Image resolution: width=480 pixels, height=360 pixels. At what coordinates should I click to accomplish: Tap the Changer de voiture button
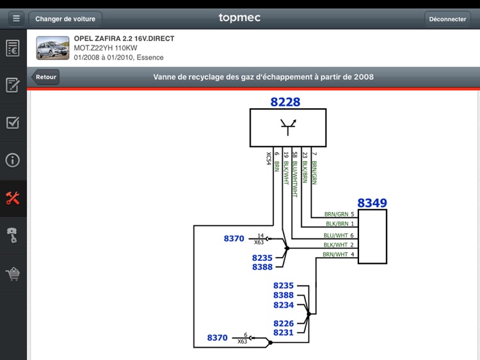(65, 19)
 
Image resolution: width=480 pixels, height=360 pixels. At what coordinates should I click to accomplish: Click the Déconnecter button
(447, 19)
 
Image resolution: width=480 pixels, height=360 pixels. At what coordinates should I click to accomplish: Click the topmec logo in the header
(239, 18)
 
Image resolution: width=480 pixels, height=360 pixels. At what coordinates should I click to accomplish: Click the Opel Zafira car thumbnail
(52, 48)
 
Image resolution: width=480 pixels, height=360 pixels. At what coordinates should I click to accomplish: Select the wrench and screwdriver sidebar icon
(13, 198)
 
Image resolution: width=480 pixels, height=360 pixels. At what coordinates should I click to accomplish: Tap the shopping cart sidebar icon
(13, 274)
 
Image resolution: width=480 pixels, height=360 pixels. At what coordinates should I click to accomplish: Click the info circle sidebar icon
(13, 160)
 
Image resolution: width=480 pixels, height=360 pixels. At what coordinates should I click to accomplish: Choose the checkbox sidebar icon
(13, 122)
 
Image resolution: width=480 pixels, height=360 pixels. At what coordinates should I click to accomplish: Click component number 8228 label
(285, 102)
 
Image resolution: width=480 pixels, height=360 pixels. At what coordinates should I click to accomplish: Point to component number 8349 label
(372, 203)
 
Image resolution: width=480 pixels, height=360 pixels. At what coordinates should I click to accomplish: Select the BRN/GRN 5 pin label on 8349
(339, 214)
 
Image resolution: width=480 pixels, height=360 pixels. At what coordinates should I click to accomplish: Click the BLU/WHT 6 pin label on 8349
(339, 235)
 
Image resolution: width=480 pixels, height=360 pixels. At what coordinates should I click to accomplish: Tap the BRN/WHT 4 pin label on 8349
(339, 254)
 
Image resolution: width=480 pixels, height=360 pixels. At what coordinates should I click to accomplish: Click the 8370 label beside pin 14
(234, 239)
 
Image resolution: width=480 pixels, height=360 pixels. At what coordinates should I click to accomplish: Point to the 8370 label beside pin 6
(217, 338)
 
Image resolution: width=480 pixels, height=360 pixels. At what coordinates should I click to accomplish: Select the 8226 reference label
(284, 324)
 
